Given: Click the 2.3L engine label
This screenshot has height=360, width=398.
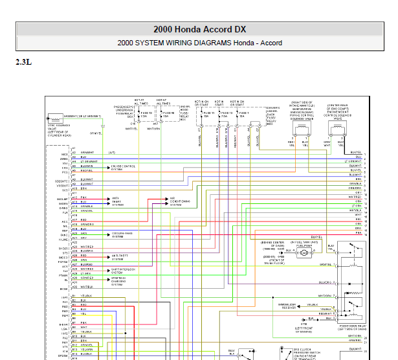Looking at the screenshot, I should point(23,63).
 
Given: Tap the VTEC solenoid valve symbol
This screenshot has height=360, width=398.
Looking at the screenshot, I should point(52,120).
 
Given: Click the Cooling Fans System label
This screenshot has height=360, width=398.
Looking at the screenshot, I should point(122,236).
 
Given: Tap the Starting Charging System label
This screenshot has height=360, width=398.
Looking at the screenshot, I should point(121,280).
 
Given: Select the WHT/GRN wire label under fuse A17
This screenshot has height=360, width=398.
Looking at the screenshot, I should point(153,129).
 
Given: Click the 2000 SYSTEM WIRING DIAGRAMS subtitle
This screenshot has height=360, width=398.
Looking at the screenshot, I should point(199,43).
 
